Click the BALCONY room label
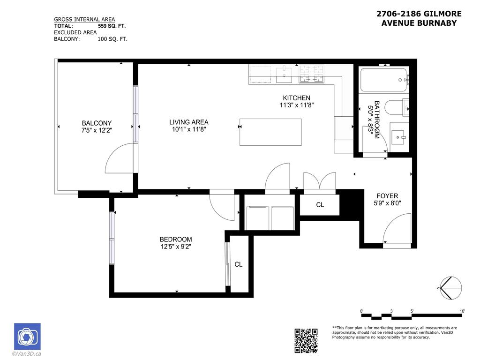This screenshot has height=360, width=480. click(97, 123)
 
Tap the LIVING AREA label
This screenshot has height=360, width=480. click(188, 122)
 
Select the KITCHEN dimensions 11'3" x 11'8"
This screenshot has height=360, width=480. click(296, 105)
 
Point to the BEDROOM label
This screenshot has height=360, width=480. click(175, 239)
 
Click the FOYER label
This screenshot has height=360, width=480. click(387, 196)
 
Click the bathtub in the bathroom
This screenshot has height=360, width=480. click(383, 80)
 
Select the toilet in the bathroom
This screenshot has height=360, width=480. click(397, 107)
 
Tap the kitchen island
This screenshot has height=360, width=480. click(270, 132)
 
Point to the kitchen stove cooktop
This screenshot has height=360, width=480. click(312, 74)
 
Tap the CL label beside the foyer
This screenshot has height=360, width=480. click(320, 205)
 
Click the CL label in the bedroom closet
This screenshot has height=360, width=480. click(239, 264)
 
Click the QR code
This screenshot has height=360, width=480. click(306, 340)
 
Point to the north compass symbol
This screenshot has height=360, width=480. click(451, 287)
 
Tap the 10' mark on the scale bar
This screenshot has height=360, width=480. click(462, 311)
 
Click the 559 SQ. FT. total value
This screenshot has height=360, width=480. click(112, 26)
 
